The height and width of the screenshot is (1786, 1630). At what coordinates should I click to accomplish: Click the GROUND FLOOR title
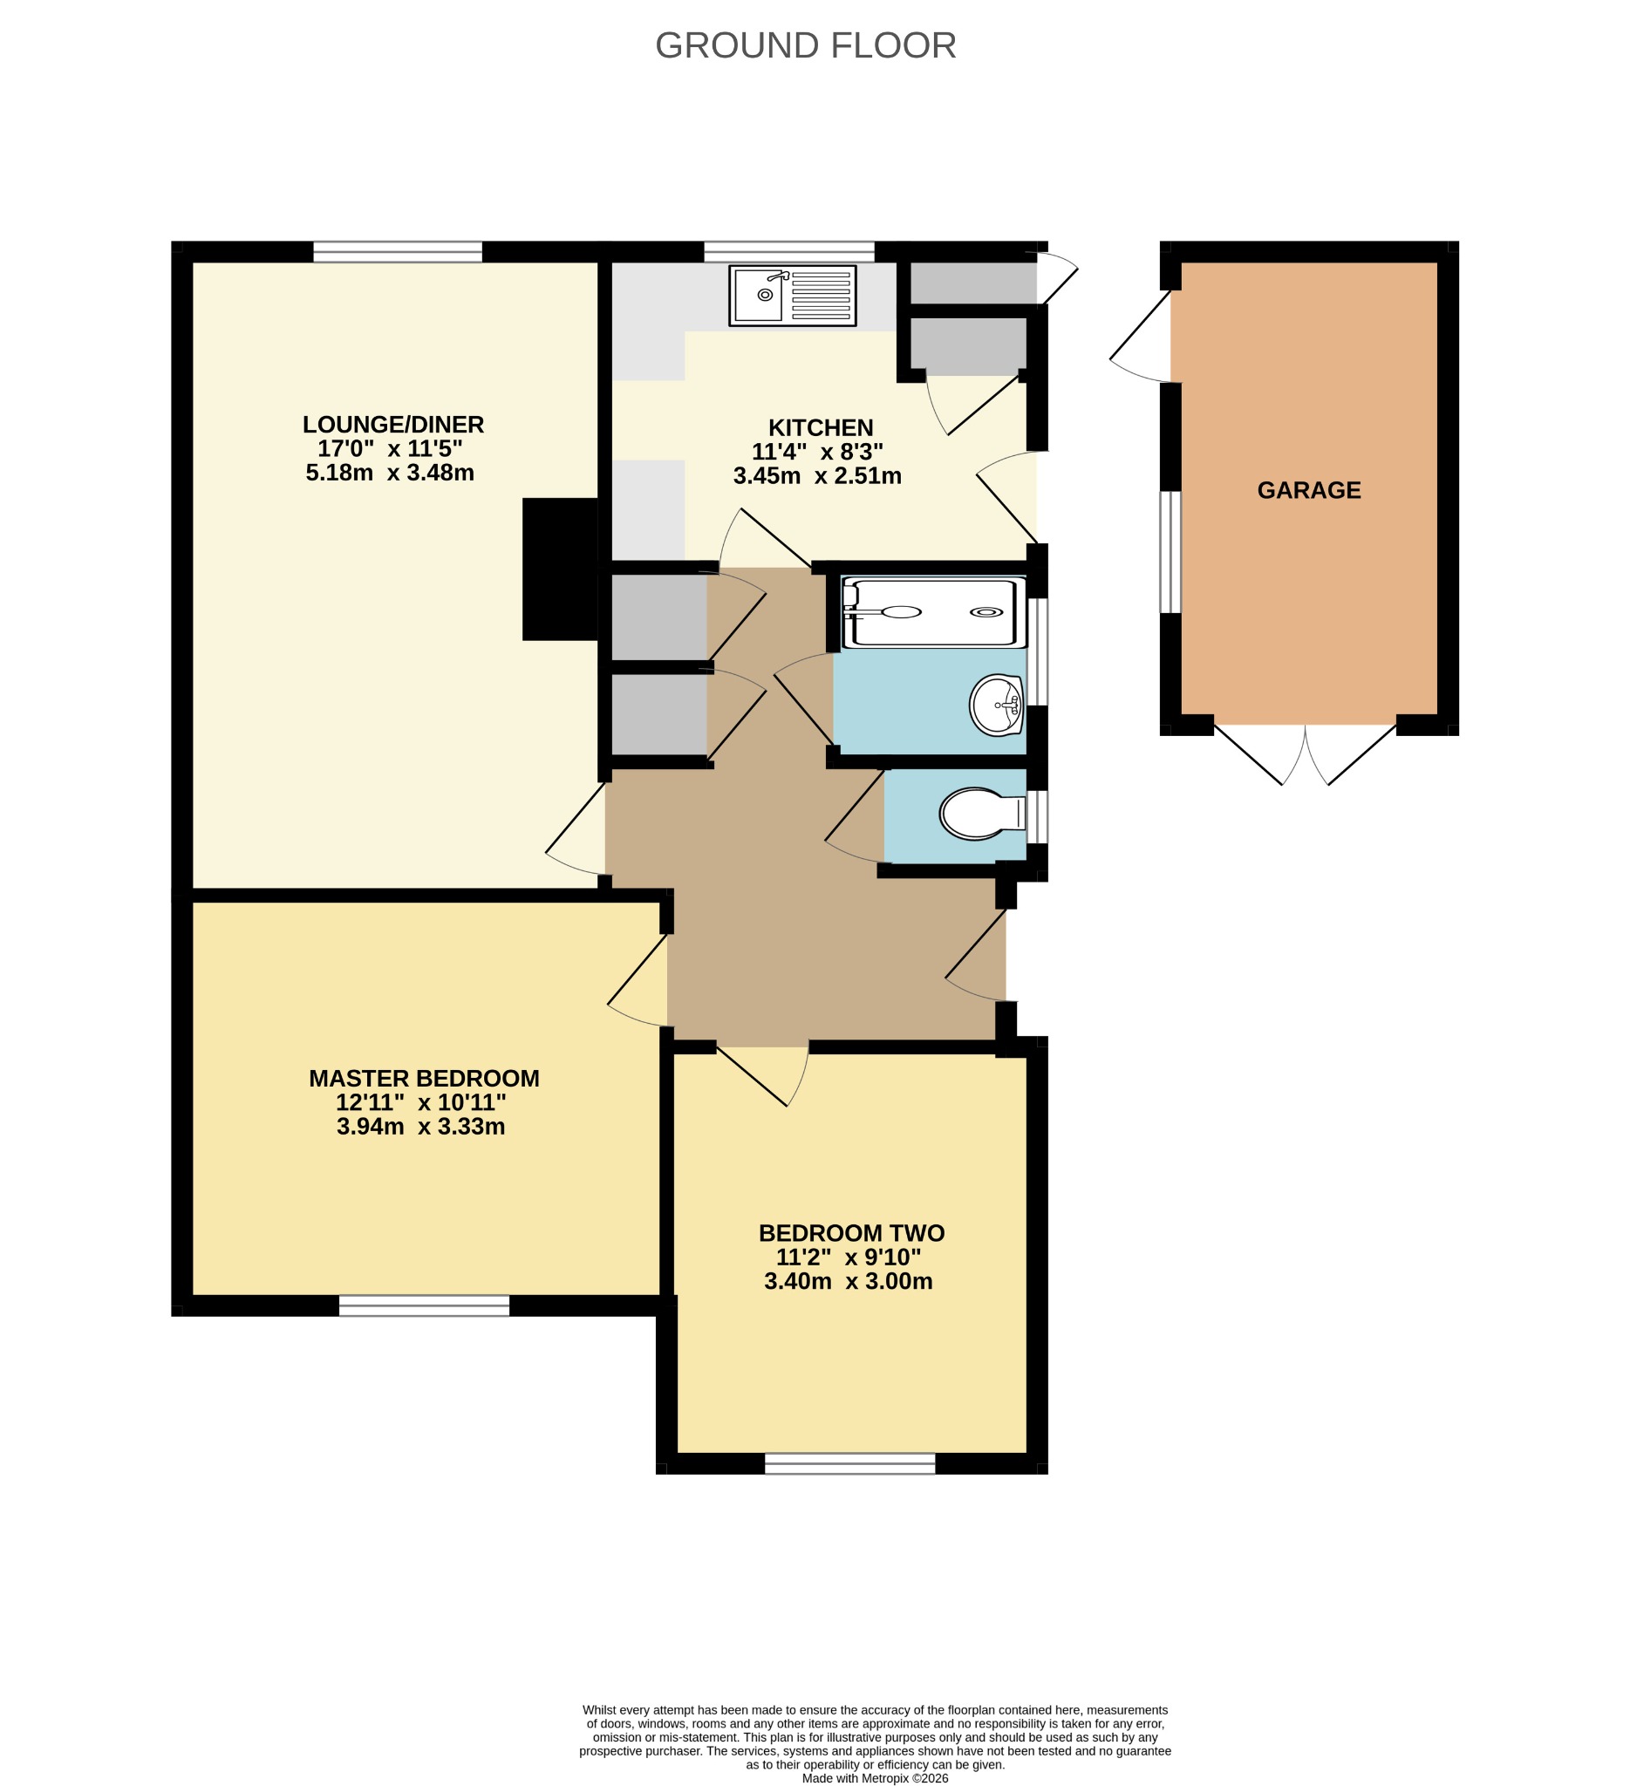805,46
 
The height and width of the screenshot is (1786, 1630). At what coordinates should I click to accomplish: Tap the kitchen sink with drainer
792,296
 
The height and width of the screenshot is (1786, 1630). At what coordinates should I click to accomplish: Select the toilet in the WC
982,815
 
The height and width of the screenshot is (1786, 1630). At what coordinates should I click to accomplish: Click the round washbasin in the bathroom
997,706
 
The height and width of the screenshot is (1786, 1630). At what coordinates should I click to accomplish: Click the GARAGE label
1308,490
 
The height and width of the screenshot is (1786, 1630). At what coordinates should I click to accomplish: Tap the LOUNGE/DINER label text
393,425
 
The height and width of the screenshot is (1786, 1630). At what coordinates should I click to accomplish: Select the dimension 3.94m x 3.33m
420,1127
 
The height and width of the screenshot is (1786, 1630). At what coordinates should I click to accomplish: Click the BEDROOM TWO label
851,1233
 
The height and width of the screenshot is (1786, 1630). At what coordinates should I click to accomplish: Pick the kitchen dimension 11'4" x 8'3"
818,452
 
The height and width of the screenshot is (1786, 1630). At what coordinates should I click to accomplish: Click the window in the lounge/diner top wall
398,252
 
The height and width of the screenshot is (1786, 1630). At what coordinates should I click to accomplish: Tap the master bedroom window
425,1305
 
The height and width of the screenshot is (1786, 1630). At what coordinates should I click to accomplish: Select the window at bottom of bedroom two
849,1463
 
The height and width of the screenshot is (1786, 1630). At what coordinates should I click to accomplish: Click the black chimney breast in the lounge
560,569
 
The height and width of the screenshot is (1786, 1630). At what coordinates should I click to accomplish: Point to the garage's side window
1170,552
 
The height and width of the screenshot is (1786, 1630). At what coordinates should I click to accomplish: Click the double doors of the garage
1305,754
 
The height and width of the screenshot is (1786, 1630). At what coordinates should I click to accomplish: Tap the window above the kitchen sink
789,252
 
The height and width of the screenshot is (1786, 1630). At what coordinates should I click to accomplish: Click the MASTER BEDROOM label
425,1078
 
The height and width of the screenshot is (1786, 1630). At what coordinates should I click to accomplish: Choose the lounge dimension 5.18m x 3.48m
390,472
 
